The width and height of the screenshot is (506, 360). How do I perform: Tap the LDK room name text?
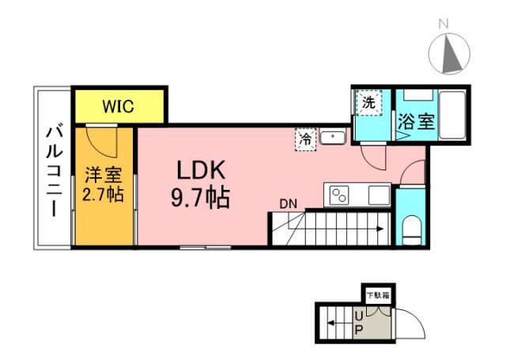[x=201, y=170]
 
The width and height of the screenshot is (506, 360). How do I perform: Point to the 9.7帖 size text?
[x=201, y=197]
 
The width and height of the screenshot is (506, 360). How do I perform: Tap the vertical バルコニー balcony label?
[x=54, y=169]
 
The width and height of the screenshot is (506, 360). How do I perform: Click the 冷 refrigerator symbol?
[x=305, y=138]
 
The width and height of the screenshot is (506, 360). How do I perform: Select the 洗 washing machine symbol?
[x=368, y=102]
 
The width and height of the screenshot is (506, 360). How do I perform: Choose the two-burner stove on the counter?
[x=341, y=194]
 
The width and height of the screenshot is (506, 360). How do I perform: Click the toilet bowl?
[x=410, y=230]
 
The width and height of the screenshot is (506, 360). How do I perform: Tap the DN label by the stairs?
[x=288, y=203]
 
